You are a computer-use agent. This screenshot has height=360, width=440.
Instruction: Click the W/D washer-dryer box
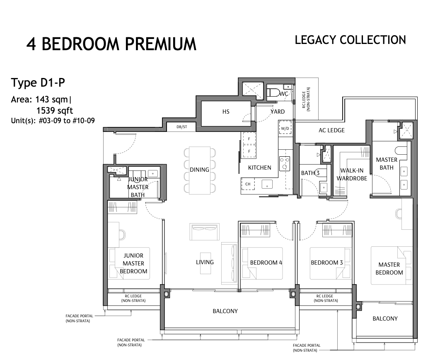tap(285, 129)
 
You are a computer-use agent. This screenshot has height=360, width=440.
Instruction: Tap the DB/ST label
tap(182, 127)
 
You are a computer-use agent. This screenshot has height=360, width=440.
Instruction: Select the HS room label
tap(226, 112)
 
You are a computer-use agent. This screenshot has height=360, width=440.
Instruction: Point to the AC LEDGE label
tap(331, 130)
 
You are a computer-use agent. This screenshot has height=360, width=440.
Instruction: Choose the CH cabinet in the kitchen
tap(248, 184)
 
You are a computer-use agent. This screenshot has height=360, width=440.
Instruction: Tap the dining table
tap(200, 170)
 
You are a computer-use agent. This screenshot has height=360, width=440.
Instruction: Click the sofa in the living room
tap(204, 232)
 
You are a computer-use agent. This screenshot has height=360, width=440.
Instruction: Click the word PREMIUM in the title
tap(160, 44)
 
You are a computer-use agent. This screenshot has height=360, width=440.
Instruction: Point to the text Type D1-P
tap(38, 83)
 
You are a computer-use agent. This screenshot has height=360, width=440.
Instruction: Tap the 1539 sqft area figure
tap(55, 110)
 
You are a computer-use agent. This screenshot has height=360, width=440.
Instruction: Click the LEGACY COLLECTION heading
tap(351, 40)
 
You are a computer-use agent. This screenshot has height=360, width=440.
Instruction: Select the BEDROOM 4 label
tap(266, 263)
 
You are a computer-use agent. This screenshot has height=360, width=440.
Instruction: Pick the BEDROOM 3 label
tap(326, 263)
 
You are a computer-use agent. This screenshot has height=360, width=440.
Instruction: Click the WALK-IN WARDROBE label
tap(352, 174)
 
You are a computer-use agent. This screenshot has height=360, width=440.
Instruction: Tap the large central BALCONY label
tap(225, 311)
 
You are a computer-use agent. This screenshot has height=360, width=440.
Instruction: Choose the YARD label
tap(278, 112)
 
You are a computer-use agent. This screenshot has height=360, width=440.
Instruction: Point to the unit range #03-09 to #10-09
tap(67, 121)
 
